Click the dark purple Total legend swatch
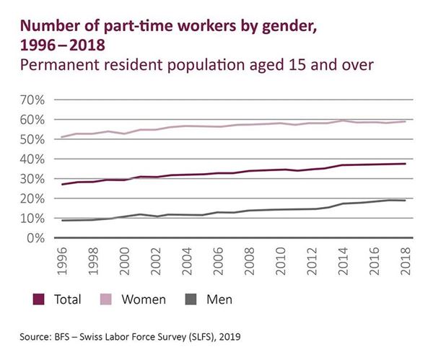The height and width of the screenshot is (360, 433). coord(41,298)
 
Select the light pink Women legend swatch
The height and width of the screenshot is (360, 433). coord(112,298)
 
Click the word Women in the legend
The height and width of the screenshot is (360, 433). coord(146,298)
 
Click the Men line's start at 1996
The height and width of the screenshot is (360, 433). coord(63,220)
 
